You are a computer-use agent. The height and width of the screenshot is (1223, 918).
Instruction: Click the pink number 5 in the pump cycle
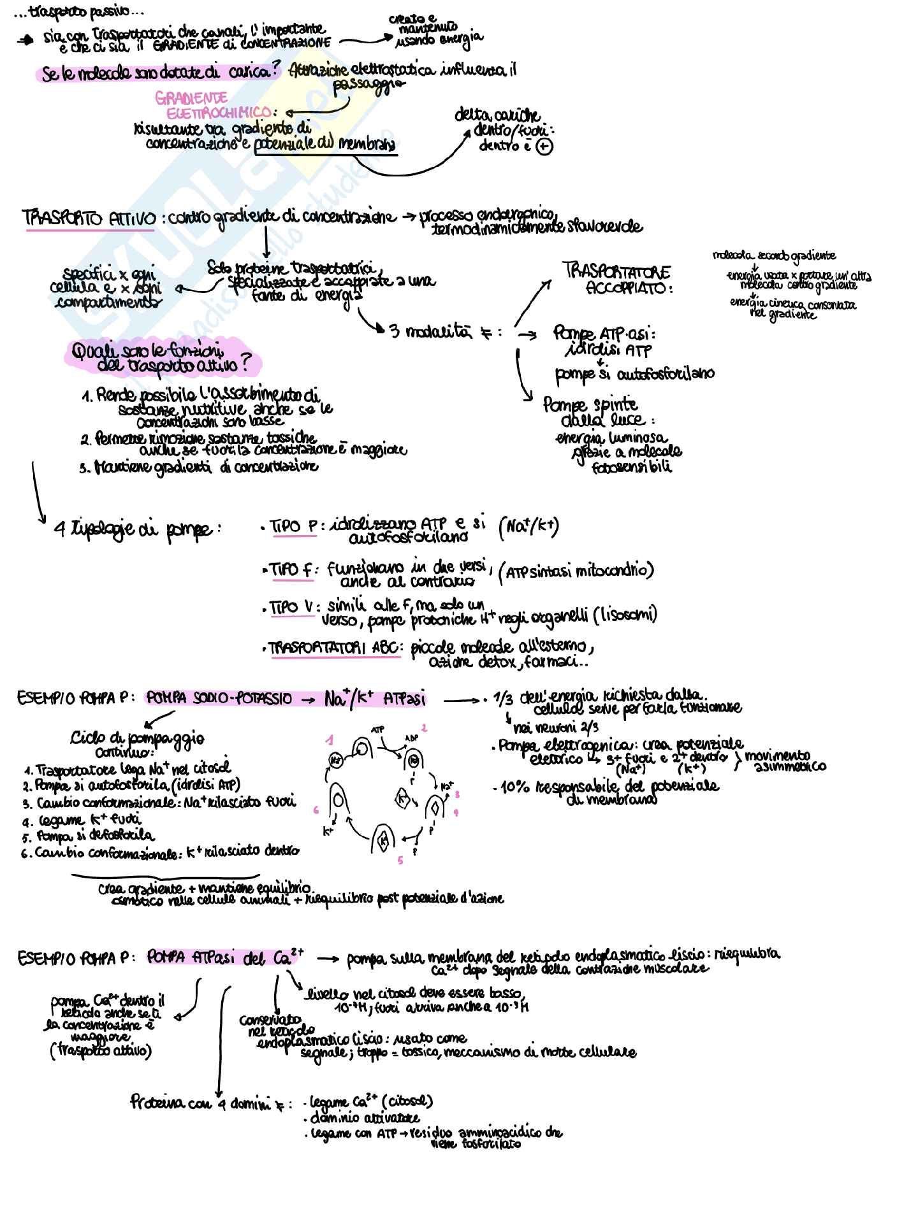coord(400,861)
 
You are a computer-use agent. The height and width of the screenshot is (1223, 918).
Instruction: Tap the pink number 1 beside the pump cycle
coord(329,740)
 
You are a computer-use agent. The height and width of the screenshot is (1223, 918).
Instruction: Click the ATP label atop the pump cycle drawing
coord(378,728)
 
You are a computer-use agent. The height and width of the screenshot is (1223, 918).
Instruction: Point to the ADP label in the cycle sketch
coord(411,739)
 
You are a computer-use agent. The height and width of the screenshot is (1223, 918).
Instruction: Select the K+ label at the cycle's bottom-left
coord(329,831)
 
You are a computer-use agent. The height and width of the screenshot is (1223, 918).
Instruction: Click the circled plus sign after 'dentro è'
coord(545,147)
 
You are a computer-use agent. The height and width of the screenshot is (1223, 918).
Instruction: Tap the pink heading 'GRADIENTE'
coord(191,98)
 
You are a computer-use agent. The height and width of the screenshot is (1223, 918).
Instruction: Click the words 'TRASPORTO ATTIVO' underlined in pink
coord(89,218)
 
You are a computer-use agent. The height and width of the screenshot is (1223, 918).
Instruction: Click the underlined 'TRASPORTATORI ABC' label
coord(334,648)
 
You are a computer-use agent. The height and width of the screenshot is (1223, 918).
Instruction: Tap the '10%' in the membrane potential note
coord(514,787)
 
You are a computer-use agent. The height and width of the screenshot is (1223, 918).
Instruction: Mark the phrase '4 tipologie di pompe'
coord(138,529)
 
